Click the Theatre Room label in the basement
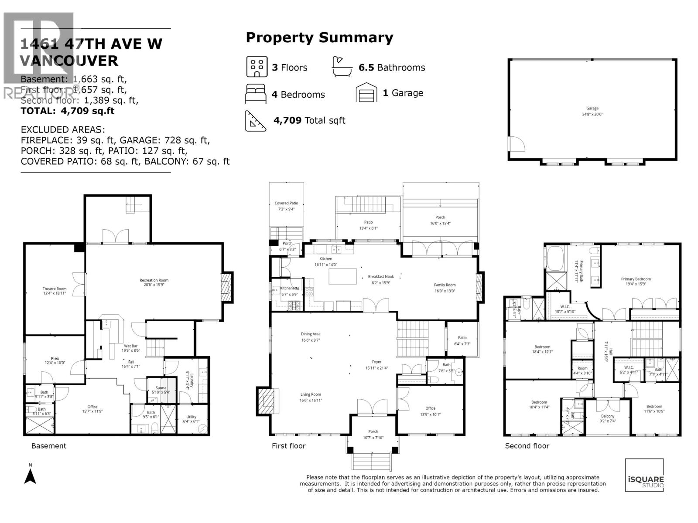click(55, 289)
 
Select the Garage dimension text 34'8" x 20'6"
click(592, 114)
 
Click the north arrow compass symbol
click(30, 475)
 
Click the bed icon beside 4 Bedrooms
click(255, 94)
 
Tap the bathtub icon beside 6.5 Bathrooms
click(342, 67)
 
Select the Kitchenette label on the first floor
click(290, 288)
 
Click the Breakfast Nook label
click(381, 277)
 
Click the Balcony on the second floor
click(608, 416)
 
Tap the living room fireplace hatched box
click(265, 401)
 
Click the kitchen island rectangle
click(342, 276)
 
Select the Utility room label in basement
click(191, 417)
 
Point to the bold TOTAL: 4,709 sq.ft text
click(68, 111)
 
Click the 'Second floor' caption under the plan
click(527, 446)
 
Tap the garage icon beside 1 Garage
click(366, 93)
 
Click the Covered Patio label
click(286, 203)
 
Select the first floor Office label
click(430, 408)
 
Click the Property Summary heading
click(319, 37)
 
